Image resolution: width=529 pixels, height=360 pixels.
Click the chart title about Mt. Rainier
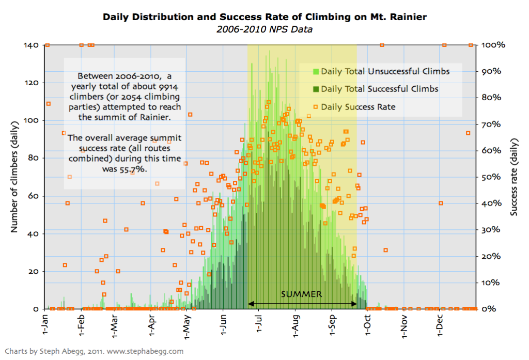pyautogui.click(x=264, y=17)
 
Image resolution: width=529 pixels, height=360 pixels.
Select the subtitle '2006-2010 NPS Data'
pyautogui.click(x=264, y=29)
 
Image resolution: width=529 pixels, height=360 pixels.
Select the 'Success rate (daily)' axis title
pyautogui.click(x=514, y=177)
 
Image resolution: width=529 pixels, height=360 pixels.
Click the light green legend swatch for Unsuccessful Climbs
pyautogui.click(x=316, y=71)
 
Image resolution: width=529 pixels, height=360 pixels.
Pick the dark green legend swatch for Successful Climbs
pyautogui.click(x=316, y=89)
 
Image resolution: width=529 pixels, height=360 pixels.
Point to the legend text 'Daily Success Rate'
pyautogui.click(x=358, y=107)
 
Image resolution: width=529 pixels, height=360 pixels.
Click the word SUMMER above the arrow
pyautogui.click(x=302, y=294)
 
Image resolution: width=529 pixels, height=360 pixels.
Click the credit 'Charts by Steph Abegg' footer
pyautogui.click(x=93, y=351)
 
